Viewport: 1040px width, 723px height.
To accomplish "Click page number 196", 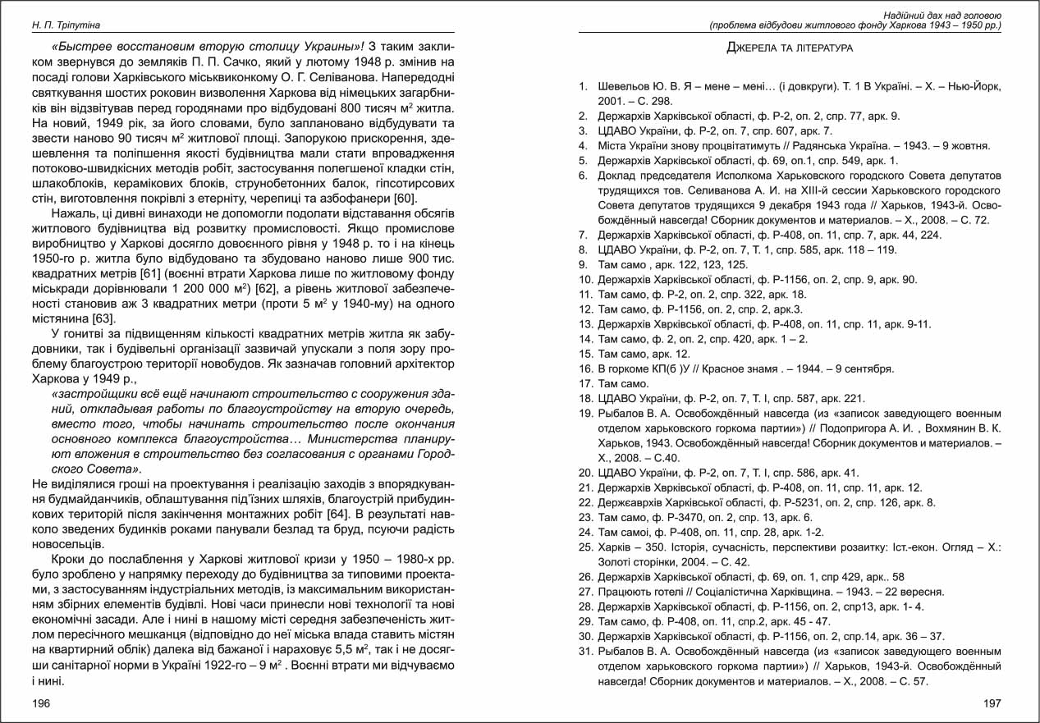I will pyautogui.click(x=41, y=703).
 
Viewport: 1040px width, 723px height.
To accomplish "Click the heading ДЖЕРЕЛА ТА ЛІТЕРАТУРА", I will pyautogui.click(x=790, y=48).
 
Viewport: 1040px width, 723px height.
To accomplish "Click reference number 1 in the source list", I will pyautogui.click(x=583, y=86).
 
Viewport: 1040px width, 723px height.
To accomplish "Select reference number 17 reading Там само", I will pyautogui.click(x=585, y=383).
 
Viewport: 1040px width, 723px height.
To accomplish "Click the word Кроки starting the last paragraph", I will pyautogui.click(x=70, y=560).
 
